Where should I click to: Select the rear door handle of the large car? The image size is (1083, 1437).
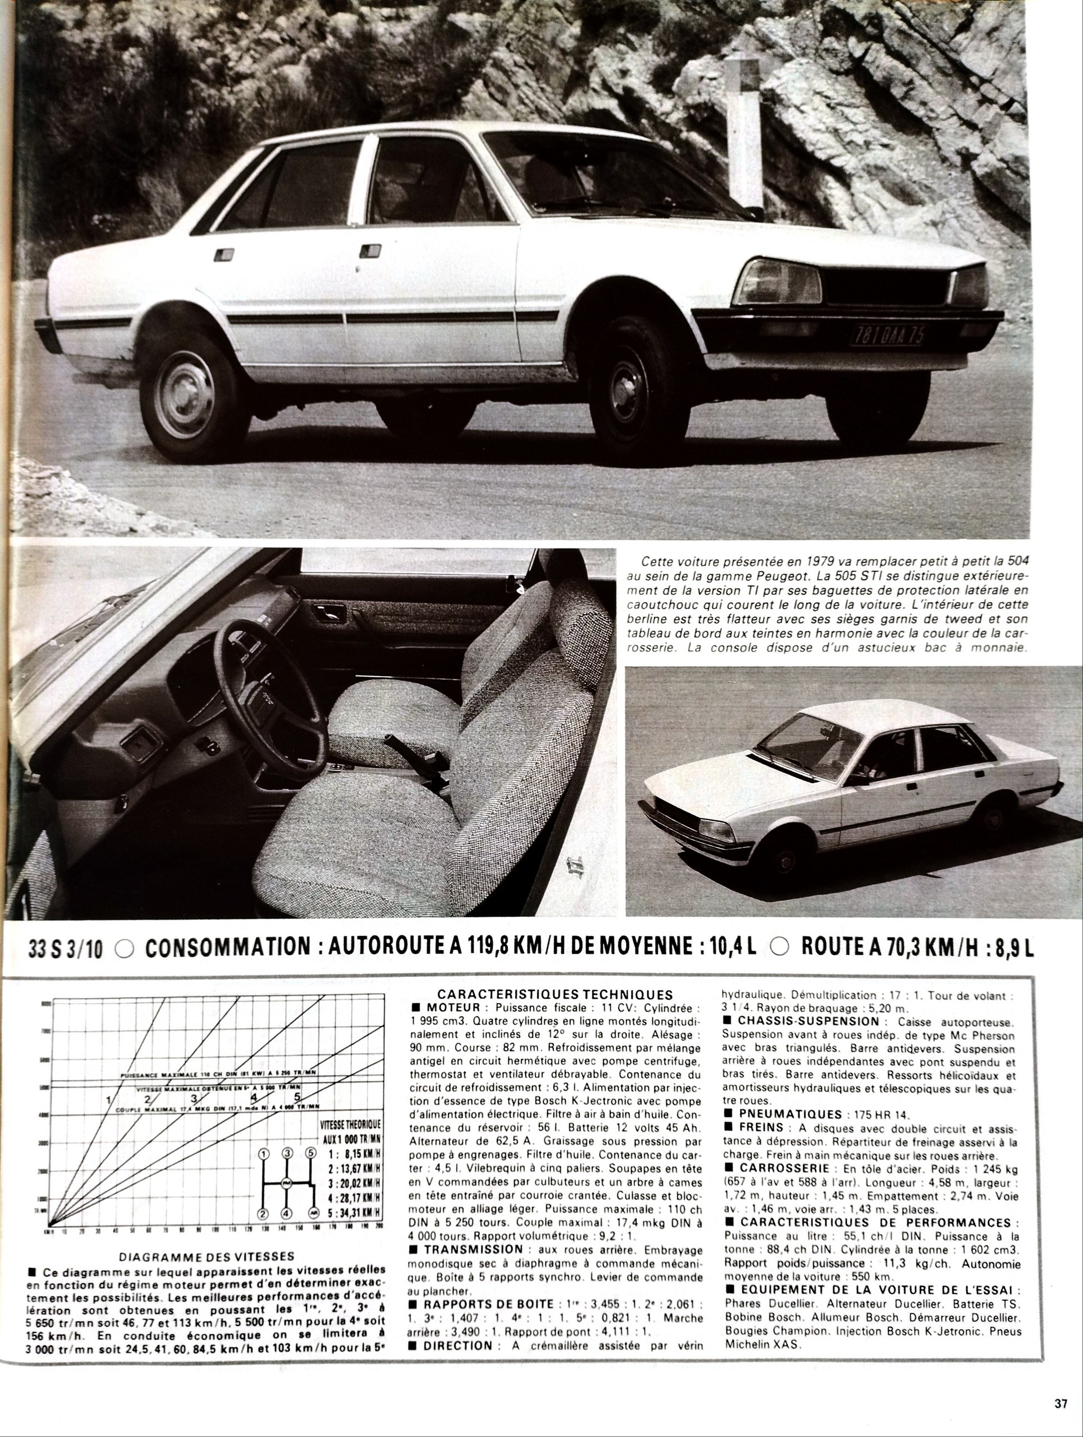(223, 254)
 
